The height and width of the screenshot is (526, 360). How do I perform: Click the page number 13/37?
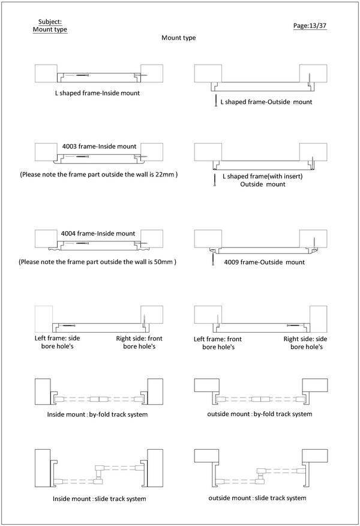click(310, 26)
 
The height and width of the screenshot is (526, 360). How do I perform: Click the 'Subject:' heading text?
click(49, 22)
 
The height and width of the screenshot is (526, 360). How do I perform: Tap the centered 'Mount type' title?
click(178, 38)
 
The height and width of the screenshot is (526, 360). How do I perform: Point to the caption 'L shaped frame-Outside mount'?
click(266, 102)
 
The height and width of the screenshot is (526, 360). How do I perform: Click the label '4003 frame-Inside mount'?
click(99, 146)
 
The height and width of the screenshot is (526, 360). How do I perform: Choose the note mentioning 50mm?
click(97, 262)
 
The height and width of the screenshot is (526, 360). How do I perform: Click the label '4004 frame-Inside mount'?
click(99, 233)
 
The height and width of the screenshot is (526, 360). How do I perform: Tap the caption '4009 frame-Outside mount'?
click(264, 262)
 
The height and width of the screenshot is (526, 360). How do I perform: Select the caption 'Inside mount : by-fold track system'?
click(97, 414)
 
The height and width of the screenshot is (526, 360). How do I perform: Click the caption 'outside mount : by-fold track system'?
click(259, 414)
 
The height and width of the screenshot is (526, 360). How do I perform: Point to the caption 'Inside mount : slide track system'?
click(99, 498)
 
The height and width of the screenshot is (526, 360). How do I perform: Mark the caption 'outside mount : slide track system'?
click(257, 498)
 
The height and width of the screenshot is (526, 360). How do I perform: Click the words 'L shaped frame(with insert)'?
click(262, 177)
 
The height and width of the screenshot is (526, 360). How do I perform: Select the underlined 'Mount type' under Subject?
click(50, 29)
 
